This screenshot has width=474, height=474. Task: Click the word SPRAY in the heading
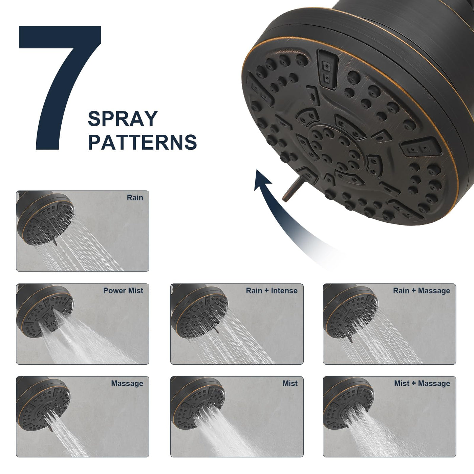coord(123,119)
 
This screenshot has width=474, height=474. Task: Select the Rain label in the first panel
coord(135,198)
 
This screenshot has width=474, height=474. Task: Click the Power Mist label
coord(123,291)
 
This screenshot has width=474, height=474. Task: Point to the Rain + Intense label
coord(272,291)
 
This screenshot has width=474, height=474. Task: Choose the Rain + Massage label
coord(422,291)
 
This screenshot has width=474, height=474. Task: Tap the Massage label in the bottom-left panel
coord(127,384)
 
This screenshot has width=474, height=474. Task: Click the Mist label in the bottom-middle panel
coord(290,384)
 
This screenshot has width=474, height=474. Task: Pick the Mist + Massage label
coord(422,384)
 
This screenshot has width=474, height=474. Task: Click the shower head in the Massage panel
coord(43,403)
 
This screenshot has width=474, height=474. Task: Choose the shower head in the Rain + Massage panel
coord(350,311)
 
